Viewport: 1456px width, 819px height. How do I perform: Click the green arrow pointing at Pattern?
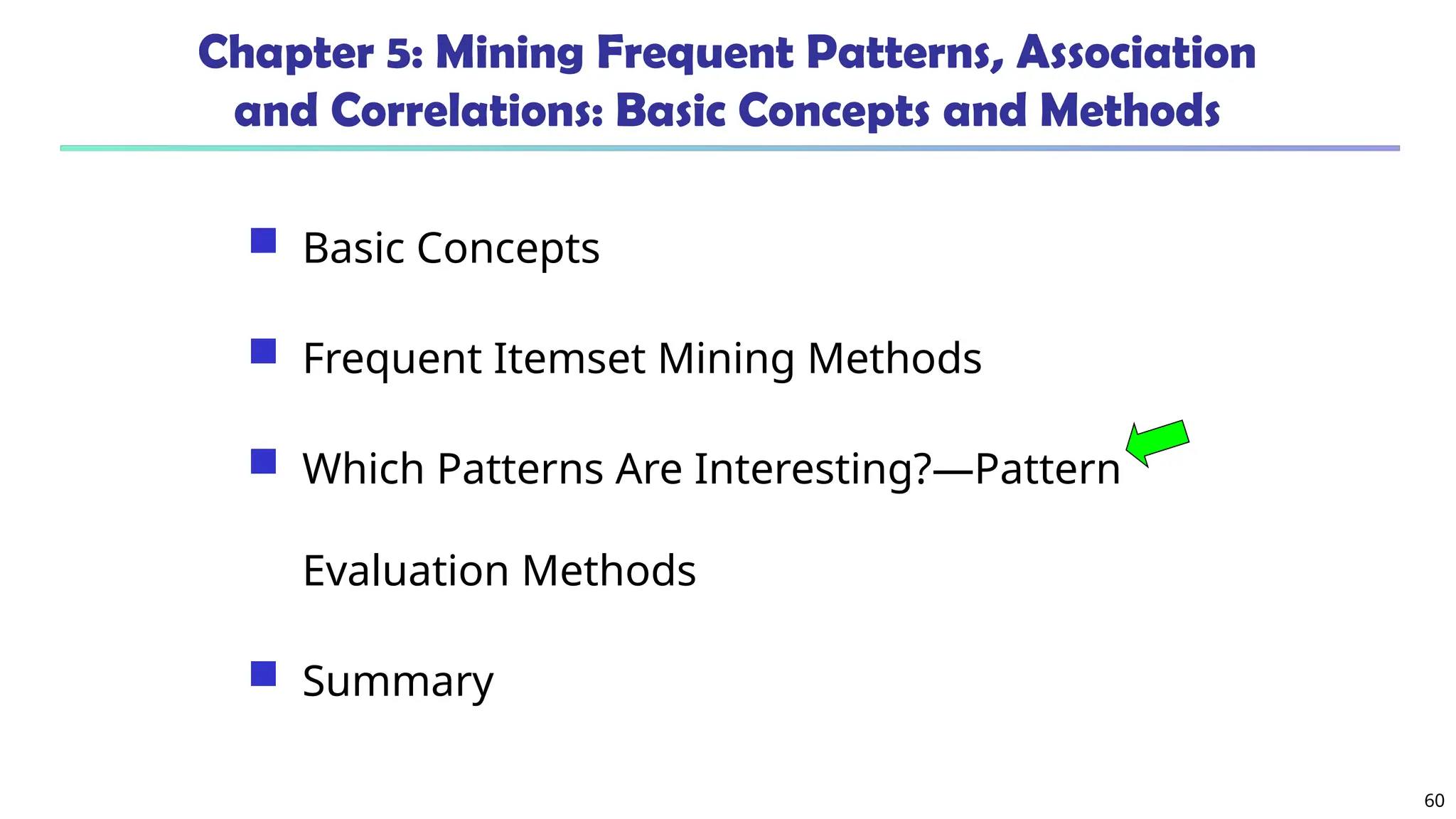coord(1158,442)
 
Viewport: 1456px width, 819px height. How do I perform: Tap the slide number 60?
coord(1434,801)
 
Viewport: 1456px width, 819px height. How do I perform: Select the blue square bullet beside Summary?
coord(263,674)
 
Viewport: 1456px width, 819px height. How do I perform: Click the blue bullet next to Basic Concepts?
coord(263,240)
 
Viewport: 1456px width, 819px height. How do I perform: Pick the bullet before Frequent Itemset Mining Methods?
coord(263,351)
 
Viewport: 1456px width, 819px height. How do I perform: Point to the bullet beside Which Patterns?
coord(263,461)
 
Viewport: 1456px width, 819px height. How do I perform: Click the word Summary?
coord(397,681)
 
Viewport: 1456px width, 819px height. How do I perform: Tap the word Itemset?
coord(569,358)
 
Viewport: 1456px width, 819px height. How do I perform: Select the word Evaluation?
coord(406,570)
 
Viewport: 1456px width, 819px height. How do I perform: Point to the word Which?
coord(363,469)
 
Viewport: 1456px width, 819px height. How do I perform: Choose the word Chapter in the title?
coord(285,54)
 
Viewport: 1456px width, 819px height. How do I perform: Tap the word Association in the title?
coord(1136,54)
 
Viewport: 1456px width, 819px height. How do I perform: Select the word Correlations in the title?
coord(466,112)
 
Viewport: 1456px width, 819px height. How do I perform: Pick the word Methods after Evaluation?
coord(609,570)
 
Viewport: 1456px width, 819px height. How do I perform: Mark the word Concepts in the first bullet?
coord(508,248)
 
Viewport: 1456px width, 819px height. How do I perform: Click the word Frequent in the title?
coord(695,54)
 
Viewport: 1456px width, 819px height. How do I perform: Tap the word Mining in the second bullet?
coord(726,358)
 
